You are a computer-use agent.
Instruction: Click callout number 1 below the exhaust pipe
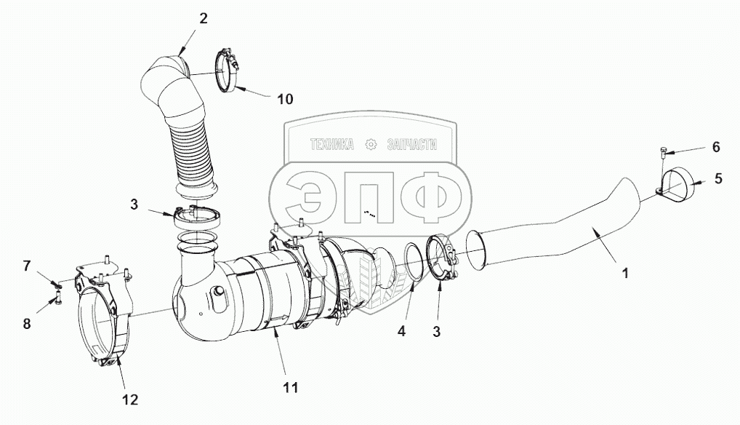pos(625,274)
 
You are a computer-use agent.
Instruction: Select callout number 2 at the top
pos(203,19)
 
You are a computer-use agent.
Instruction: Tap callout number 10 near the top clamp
pos(285,100)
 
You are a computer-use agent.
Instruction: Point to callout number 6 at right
pos(715,147)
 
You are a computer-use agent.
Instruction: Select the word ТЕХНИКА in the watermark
pos(332,146)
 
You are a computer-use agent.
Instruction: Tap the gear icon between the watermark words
pos(371,146)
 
